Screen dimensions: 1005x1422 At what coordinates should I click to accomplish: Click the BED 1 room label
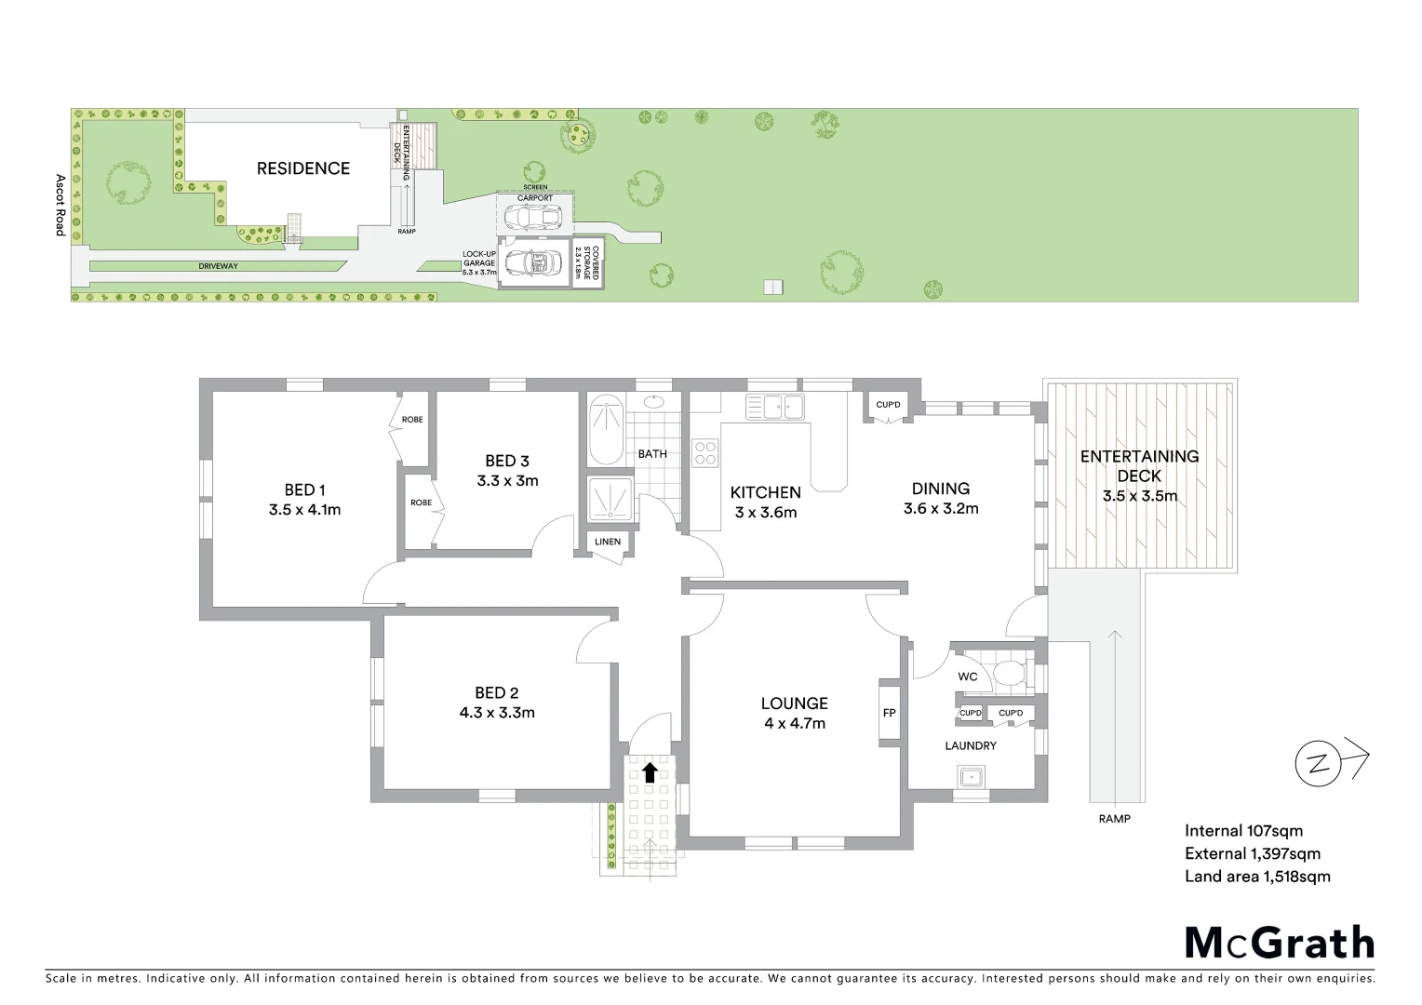(304, 490)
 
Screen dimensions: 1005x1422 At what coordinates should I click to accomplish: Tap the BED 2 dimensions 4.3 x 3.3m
(496, 714)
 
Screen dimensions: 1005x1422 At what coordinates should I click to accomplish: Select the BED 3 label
(507, 461)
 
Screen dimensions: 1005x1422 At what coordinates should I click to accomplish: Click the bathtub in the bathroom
(606, 430)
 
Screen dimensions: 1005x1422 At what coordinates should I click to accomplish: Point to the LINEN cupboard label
(608, 542)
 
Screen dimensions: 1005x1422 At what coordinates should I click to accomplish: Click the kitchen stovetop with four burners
(705, 452)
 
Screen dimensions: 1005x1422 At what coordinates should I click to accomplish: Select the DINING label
(940, 489)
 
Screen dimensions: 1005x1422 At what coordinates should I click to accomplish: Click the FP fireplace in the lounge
(889, 713)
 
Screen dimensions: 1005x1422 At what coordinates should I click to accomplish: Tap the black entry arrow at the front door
(650, 771)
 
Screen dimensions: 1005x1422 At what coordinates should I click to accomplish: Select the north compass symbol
(1319, 764)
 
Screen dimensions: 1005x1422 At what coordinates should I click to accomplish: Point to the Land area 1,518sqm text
(1256, 877)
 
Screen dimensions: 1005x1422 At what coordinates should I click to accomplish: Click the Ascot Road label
(60, 205)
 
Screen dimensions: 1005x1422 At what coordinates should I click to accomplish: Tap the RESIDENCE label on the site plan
(303, 168)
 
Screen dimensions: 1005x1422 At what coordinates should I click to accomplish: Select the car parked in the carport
(531, 217)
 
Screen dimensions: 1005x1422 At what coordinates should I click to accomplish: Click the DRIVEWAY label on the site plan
(218, 266)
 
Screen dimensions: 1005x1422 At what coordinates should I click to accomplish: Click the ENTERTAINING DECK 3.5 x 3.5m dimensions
(1139, 496)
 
